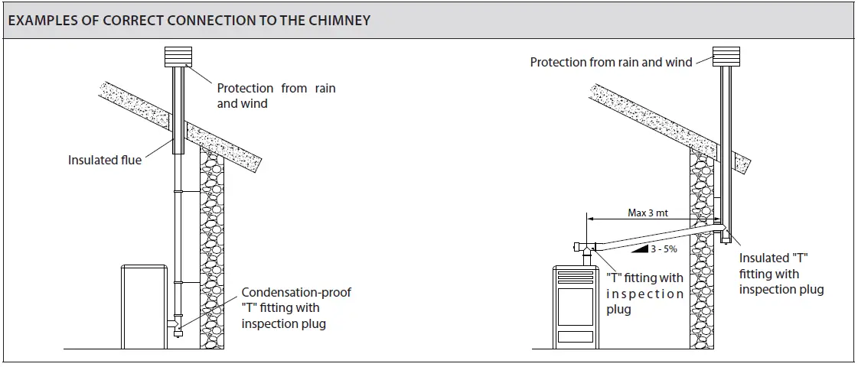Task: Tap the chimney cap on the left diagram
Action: [178, 57]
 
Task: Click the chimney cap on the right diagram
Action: [726, 57]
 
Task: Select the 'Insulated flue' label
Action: [105, 161]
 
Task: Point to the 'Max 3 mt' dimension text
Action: [648, 213]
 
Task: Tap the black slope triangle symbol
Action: [639, 248]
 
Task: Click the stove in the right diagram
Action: [575, 307]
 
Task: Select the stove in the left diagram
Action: [144, 307]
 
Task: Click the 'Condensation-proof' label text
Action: [296, 293]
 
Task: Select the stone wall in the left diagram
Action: [212, 248]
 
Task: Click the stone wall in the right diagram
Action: [702, 248]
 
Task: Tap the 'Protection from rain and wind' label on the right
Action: [612, 63]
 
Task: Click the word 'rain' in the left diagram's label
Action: [325, 88]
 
